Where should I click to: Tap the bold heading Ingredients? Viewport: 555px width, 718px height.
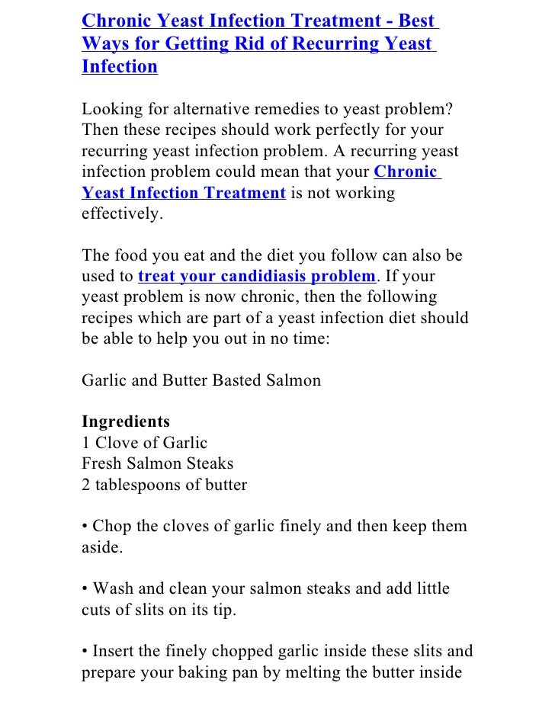126,421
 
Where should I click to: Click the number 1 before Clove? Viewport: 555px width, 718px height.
85,442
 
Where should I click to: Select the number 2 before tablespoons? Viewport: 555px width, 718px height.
86,484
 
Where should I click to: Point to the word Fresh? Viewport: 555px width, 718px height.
102,463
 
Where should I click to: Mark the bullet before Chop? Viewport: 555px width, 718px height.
85,527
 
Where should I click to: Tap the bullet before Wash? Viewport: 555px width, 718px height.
85,589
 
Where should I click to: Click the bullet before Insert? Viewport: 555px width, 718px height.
85,652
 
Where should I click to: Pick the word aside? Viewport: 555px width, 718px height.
101,547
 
